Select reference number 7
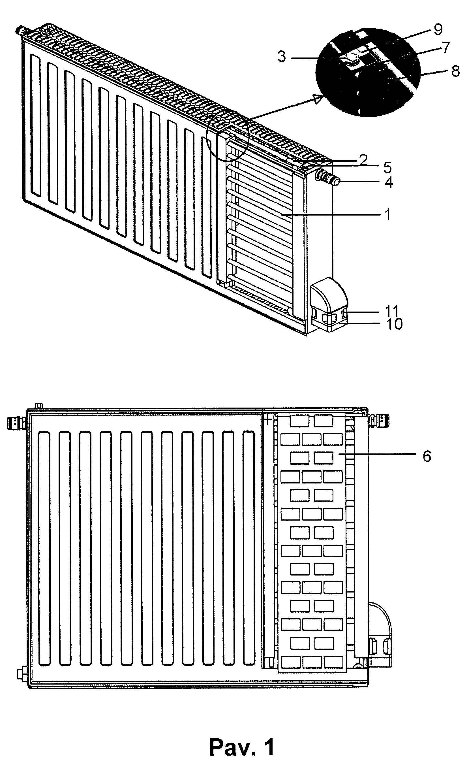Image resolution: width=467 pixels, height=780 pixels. tap(446, 48)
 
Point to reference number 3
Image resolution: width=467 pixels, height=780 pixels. tap(282, 56)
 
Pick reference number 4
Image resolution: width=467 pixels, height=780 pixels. tap(389, 182)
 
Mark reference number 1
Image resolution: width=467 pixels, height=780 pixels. tap(388, 215)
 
